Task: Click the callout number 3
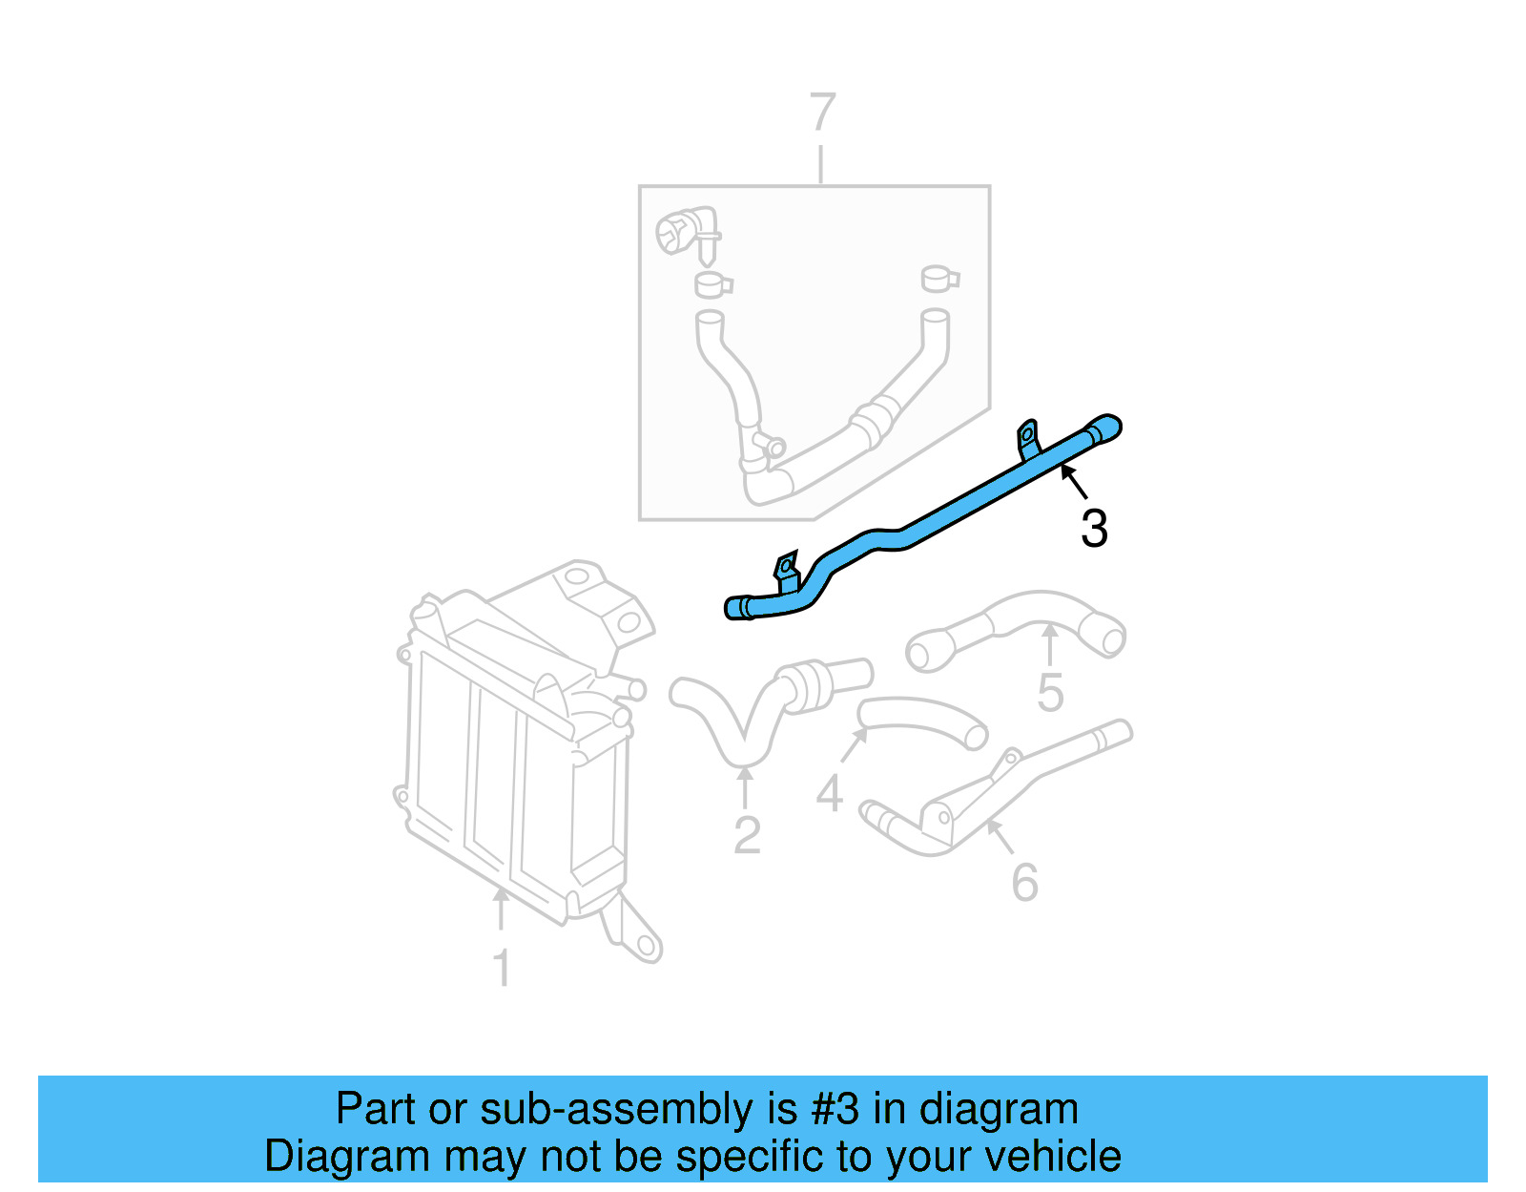pyautogui.click(x=1094, y=529)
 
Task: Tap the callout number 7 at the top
pyautogui.click(x=822, y=113)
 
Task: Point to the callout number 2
pyautogui.click(x=747, y=835)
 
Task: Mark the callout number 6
pyautogui.click(x=1024, y=882)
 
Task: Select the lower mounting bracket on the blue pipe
pyautogui.click(x=786, y=570)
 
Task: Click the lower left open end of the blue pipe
pyautogui.click(x=737, y=608)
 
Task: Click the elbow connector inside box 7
pyautogui.click(x=685, y=232)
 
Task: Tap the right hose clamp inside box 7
pyautogui.click(x=939, y=279)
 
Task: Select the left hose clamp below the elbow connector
pyautogui.click(x=711, y=284)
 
